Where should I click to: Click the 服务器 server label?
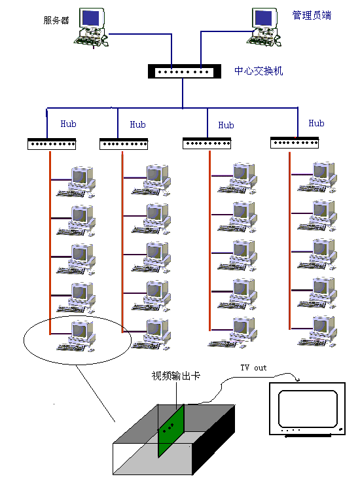pos(56,20)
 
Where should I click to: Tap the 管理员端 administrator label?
pos(312,15)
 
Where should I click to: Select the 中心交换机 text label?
pos(259,71)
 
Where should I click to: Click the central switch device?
pos(185,71)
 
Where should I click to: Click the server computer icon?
pos(91,28)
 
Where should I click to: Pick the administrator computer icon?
pos(264,27)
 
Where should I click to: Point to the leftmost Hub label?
pos(68,124)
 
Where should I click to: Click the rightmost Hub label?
pos(316,123)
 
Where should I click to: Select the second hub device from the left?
pos(124,144)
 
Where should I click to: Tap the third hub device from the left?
pos(207,143)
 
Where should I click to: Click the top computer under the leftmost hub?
pos(77,182)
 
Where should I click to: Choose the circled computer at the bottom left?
pos(77,336)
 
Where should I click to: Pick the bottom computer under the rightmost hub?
pos(317,331)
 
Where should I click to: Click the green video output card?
pos(171,431)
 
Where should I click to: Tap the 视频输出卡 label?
pos(175,376)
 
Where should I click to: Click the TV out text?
pos(253,368)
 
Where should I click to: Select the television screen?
pos(308,409)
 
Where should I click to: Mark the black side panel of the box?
pos(213,440)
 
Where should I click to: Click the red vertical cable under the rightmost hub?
pos(289,241)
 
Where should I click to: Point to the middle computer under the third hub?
pos(238,255)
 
